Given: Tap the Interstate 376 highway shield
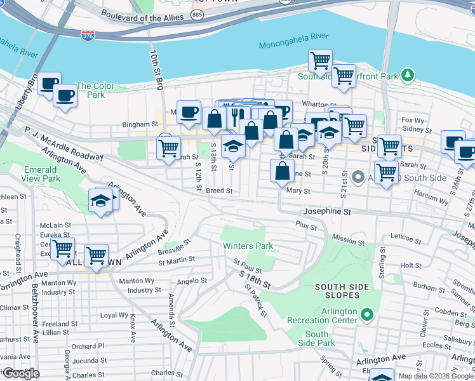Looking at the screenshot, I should [88, 36].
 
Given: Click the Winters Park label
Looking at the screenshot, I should [247, 246].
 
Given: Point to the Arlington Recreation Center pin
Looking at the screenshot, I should [367, 314].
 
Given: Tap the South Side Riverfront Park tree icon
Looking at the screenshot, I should [407, 76].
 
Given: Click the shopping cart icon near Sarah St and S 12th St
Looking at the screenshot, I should [168, 149].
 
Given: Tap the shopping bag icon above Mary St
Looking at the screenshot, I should [281, 170].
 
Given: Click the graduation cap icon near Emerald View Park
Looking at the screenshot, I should [100, 201].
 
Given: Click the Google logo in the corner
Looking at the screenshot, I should [20, 373].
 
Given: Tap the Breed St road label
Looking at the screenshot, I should [219, 190].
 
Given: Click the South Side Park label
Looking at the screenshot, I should [317, 338].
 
